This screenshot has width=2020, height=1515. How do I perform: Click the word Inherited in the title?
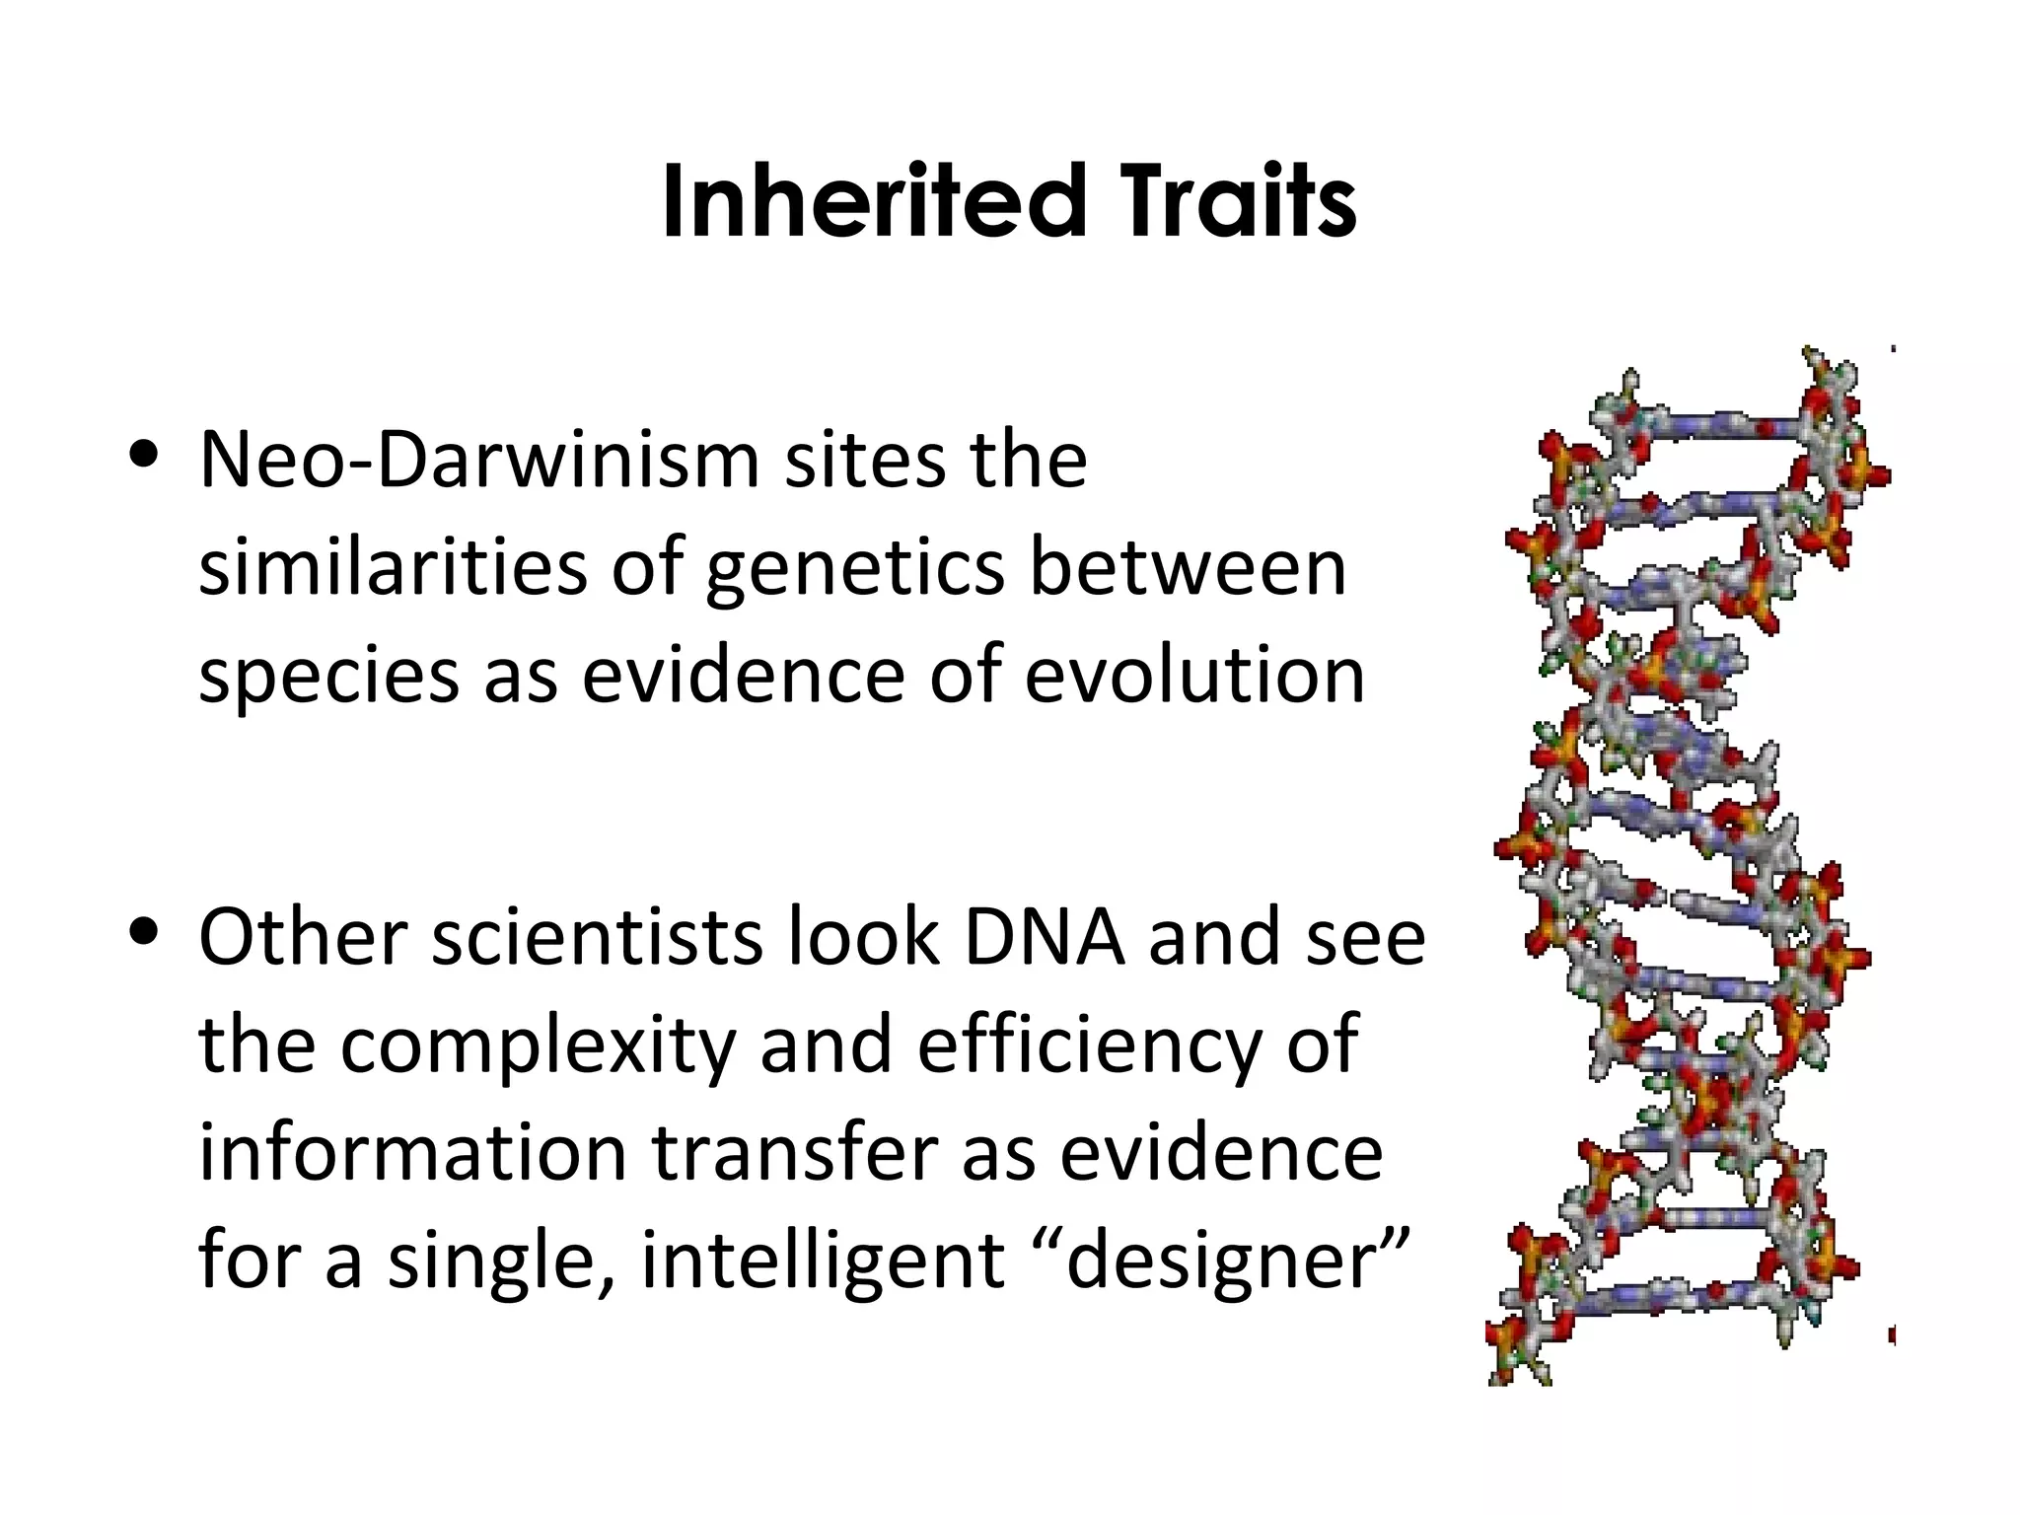click(874, 203)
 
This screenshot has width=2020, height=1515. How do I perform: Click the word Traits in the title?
click(1241, 203)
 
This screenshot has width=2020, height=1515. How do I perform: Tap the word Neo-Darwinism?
click(478, 461)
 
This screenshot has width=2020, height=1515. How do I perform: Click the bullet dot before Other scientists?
click(145, 931)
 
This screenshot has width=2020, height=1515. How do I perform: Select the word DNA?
click(1045, 937)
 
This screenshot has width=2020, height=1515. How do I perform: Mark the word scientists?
click(597, 937)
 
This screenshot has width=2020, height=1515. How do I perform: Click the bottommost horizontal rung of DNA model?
click(1667, 1296)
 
